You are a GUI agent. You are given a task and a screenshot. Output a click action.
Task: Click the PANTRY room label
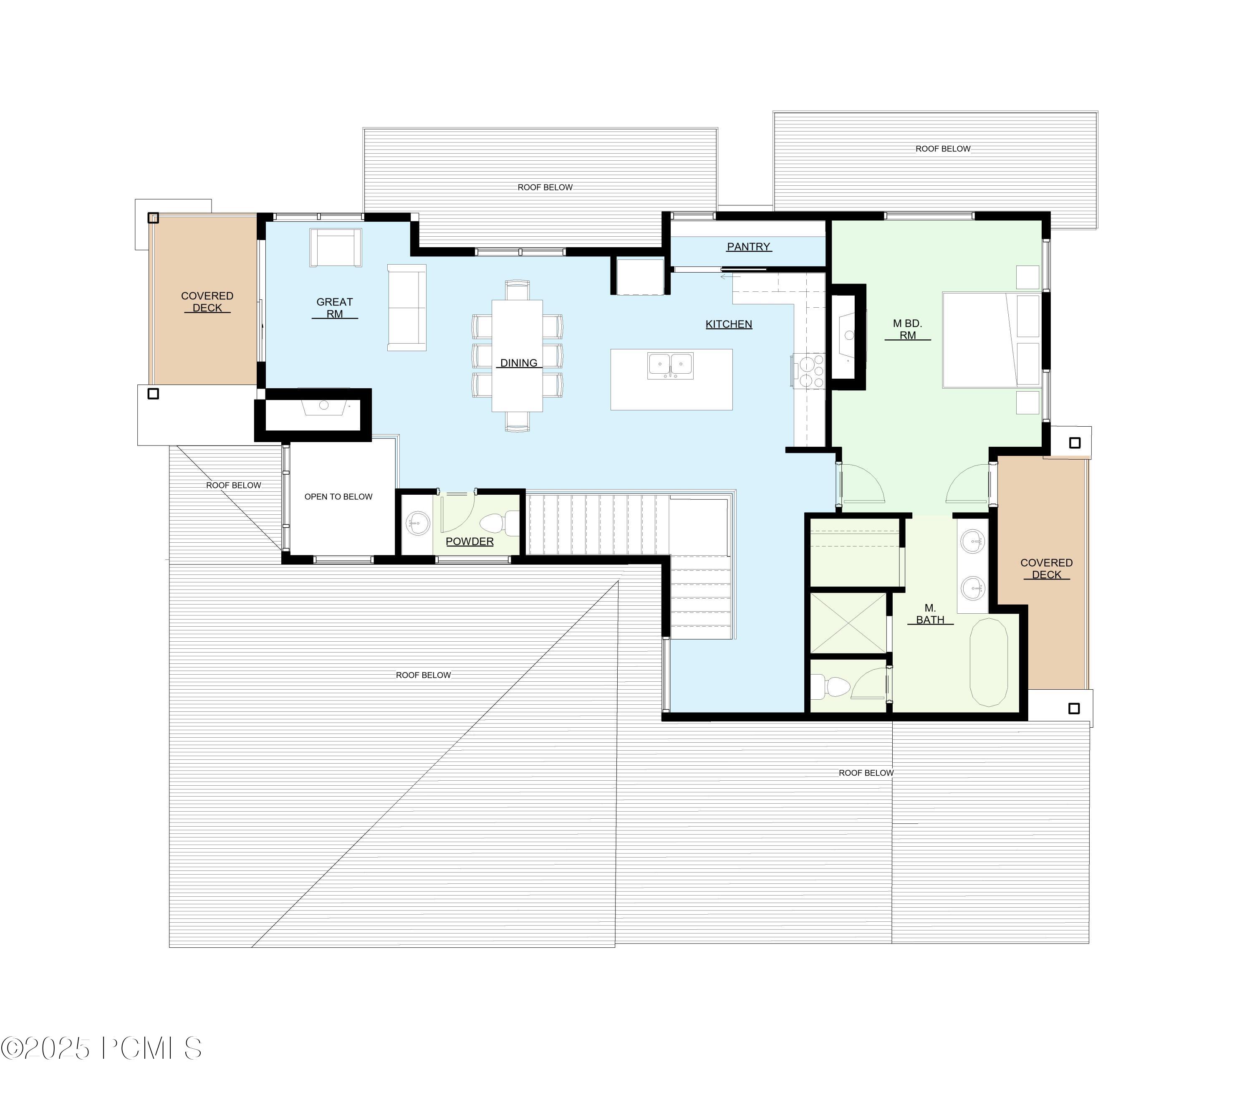[x=749, y=247]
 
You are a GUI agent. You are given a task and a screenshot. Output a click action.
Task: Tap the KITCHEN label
[x=728, y=324]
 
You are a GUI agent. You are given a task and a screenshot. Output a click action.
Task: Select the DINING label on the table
[x=518, y=363]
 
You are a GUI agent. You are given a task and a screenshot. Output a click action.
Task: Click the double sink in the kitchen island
[x=671, y=366]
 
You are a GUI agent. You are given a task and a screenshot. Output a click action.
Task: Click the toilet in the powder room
[x=493, y=524]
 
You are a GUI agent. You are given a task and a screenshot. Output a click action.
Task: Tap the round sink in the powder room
[x=418, y=523]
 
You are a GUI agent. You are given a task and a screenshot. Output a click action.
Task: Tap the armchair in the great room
[x=335, y=248]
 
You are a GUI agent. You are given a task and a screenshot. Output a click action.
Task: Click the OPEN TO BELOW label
[x=338, y=497]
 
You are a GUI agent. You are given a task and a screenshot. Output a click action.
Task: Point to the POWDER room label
[x=469, y=541]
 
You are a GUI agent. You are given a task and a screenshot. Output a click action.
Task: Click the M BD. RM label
[x=907, y=329]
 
